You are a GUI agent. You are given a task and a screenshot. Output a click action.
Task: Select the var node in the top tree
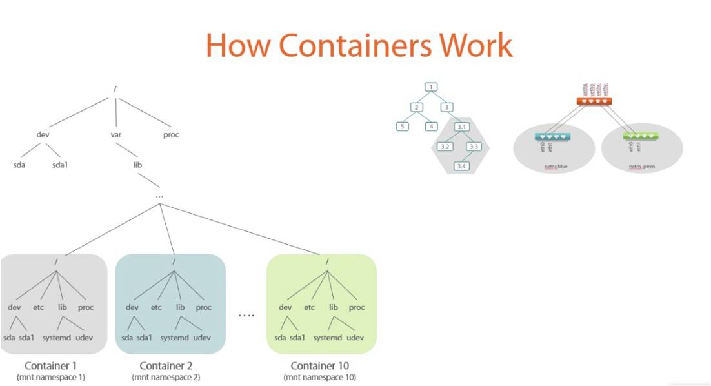click(x=117, y=135)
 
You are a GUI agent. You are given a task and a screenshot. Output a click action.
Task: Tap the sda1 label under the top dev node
click(x=61, y=165)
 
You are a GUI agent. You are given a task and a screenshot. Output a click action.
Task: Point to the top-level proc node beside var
click(x=171, y=135)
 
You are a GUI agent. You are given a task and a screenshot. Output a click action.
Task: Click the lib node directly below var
click(x=137, y=165)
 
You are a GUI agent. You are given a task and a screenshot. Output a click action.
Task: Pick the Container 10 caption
click(x=319, y=366)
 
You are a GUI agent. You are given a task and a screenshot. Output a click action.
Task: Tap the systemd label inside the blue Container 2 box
click(x=174, y=338)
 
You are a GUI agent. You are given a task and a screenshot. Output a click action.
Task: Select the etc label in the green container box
click(x=309, y=307)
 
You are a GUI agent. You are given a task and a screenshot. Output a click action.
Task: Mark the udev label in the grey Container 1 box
click(x=85, y=338)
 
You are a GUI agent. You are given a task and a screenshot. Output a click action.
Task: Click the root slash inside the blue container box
click(x=174, y=261)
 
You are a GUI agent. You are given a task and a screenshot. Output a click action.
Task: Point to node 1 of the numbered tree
click(x=431, y=87)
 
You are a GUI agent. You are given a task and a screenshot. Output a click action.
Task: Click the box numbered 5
click(x=402, y=127)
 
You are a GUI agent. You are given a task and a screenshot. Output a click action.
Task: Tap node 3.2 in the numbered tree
click(x=445, y=147)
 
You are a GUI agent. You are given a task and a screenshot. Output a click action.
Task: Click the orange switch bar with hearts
click(x=594, y=101)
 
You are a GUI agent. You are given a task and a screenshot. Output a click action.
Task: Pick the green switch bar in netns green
click(x=640, y=137)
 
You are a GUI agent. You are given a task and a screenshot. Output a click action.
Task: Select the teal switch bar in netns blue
click(x=552, y=137)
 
